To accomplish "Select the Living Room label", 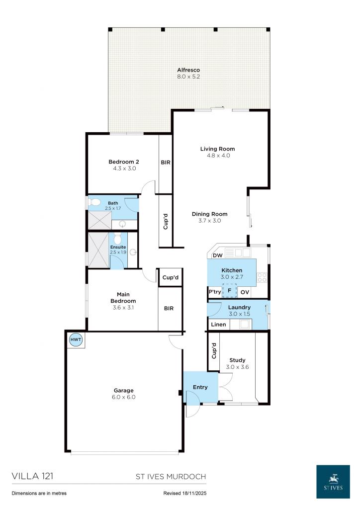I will [x=217, y=149].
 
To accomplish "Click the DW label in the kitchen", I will [x=217, y=255].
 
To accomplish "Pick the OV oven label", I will [x=245, y=292].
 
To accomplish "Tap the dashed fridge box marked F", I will [x=229, y=290].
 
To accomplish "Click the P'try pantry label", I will [x=215, y=292].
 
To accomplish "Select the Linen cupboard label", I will [x=218, y=325].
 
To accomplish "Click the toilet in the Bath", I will [x=96, y=203].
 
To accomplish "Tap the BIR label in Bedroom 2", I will [x=165, y=162].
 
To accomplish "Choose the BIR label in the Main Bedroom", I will [x=169, y=308].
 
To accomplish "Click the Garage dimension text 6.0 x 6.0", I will [x=124, y=397].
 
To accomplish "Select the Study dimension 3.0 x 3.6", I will [x=237, y=367].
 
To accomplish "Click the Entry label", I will [x=200, y=387].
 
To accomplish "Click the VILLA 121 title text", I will [x=32, y=476].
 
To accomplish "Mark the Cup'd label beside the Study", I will [x=214, y=351].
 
